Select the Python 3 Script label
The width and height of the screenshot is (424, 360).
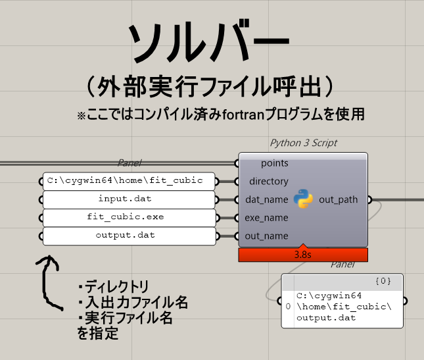click(304, 143)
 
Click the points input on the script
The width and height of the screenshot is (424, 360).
click(275, 163)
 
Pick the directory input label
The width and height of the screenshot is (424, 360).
click(269, 181)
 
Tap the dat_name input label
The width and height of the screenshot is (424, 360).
click(267, 199)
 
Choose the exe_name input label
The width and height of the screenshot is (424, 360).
click(266, 218)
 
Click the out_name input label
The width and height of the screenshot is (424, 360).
click(266, 236)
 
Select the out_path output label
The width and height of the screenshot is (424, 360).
click(339, 199)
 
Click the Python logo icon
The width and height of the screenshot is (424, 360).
click(304, 199)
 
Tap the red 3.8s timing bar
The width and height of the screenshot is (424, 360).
click(303, 255)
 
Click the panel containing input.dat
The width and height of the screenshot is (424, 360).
click(129, 199)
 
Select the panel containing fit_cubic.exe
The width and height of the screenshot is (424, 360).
click(130, 218)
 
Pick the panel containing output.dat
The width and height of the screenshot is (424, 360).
click(130, 236)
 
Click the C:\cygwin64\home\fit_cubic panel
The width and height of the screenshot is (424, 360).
click(129, 181)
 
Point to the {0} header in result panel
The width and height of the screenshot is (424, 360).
click(383, 281)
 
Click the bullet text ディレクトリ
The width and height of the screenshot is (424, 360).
click(114, 286)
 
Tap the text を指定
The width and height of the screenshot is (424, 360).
click(98, 333)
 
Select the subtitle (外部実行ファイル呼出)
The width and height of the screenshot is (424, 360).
click(210, 87)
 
